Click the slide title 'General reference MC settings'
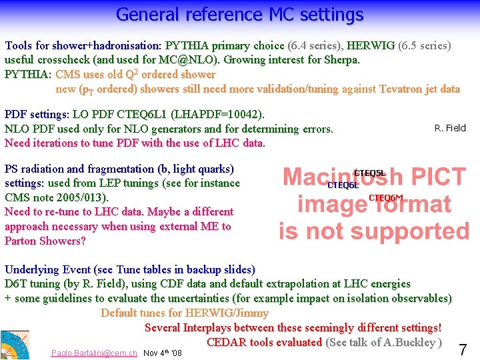pyautogui.click(x=240, y=14)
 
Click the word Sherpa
pyautogui.click(x=341, y=60)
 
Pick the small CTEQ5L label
pyautogui.click(x=369, y=173)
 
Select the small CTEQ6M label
pyautogui.click(x=386, y=198)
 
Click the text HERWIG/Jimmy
pyautogui.click(x=229, y=313)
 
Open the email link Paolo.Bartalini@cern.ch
pyautogui.click(x=94, y=353)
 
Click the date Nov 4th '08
pyautogui.click(x=162, y=353)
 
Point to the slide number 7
pyautogui.click(x=463, y=349)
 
